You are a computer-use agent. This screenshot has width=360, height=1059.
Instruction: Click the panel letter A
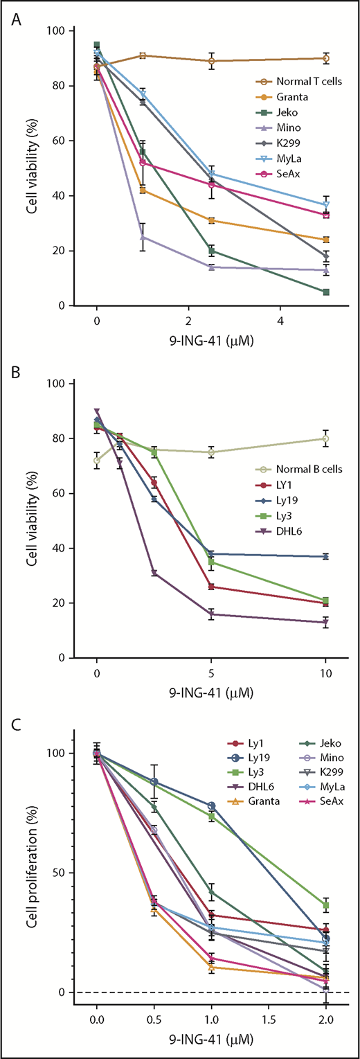(16, 15)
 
